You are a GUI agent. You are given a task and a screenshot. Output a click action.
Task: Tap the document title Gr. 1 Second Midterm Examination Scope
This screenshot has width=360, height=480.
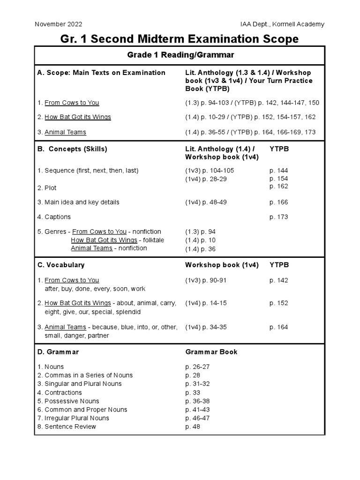coord(180,39)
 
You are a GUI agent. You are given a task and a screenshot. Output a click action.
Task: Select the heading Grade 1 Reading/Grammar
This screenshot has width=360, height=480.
coord(180,55)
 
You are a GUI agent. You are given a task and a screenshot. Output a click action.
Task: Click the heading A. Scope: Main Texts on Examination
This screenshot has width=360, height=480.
coord(101,73)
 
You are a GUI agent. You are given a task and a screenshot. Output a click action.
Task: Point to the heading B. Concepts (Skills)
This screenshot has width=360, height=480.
coord(72,149)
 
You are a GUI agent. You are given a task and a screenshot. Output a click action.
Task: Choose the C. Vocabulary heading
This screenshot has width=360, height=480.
coord(61,265)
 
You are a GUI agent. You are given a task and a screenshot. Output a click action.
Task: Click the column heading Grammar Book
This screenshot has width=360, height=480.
coord(211,352)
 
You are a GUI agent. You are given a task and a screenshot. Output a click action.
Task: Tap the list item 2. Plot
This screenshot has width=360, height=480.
coord(47,188)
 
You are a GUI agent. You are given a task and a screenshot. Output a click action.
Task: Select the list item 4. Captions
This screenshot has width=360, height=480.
coord(54,217)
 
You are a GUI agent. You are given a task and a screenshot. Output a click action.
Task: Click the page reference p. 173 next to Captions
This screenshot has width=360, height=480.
coord(279,217)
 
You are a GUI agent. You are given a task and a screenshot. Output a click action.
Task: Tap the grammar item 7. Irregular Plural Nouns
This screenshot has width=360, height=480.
coord(73,418)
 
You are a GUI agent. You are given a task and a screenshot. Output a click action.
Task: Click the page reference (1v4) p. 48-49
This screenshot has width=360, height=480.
coord(206,202)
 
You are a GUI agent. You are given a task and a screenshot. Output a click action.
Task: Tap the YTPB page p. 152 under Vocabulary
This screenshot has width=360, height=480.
coord(279,303)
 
